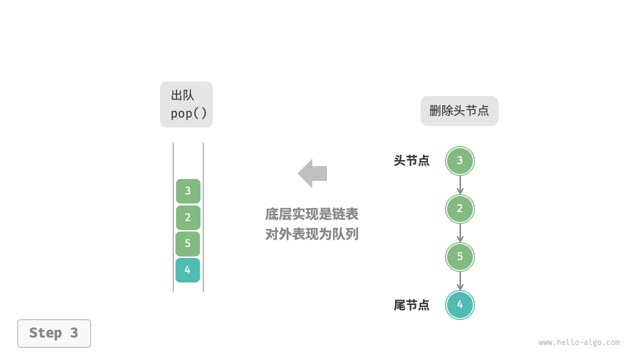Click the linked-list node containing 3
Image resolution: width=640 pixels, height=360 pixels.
(x=460, y=161)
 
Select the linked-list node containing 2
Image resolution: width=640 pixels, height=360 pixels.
(x=460, y=209)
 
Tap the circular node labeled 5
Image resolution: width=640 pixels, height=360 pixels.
(x=460, y=257)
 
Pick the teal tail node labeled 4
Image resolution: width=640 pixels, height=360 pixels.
(x=460, y=305)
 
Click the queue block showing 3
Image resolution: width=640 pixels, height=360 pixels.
(x=188, y=191)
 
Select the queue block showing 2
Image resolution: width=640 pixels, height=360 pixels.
(x=188, y=217)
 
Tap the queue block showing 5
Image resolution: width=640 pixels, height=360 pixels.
(x=188, y=244)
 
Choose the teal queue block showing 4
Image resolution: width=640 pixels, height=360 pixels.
(x=188, y=270)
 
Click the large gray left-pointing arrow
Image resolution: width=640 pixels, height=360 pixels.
(x=312, y=173)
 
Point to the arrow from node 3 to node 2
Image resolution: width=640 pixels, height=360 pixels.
(x=460, y=185)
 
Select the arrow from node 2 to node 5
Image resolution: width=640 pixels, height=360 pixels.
(x=460, y=233)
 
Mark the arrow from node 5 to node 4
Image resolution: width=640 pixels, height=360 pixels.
(x=460, y=281)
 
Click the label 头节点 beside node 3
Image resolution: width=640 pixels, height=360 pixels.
(x=411, y=161)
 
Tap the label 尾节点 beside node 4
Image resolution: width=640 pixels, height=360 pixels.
(x=411, y=305)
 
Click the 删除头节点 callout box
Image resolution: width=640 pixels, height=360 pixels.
(x=459, y=111)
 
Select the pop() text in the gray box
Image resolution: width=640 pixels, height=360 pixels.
(x=188, y=113)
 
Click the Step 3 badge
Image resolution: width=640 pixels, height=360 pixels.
(x=54, y=333)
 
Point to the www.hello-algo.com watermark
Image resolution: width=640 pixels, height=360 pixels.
(x=579, y=342)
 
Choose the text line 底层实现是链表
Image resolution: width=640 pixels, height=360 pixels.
(x=312, y=214)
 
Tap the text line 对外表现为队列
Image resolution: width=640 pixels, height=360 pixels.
(x=312, y=234)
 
